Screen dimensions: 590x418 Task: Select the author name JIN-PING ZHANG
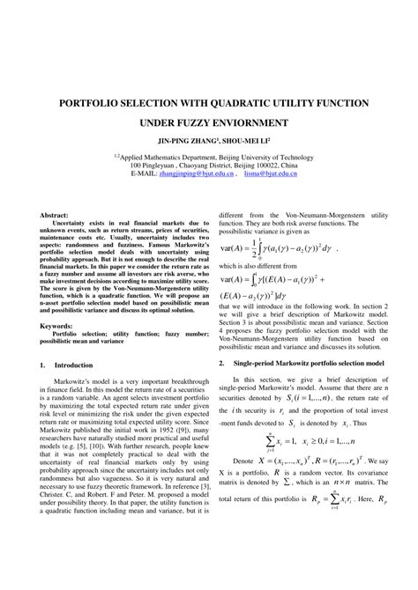tap(188, 140)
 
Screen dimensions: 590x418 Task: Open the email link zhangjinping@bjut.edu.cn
tap(196, 174)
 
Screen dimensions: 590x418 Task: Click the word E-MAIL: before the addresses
tap(143, 174)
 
